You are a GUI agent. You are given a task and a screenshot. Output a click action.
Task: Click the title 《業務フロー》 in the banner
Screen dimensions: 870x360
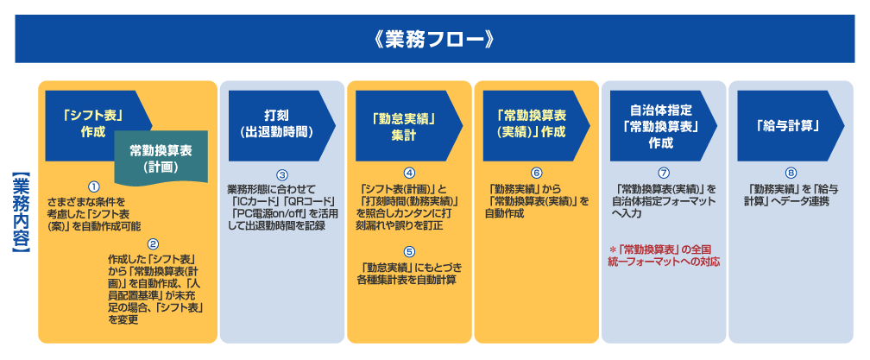[x=434, y=40]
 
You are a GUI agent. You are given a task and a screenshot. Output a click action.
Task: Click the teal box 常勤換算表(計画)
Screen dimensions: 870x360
[x=161, y=157]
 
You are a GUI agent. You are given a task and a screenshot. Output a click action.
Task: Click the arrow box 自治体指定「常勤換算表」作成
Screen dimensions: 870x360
[x=664, y=126]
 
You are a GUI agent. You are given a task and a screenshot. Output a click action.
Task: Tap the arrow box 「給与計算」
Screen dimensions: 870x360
[x=791, y=126]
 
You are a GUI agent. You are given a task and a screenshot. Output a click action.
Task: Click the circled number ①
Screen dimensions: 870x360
[x=94, y=186]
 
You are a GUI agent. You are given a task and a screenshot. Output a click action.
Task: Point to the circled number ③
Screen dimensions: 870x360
[x=282, y=175]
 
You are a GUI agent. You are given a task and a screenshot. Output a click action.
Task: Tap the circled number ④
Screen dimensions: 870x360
[x=409, y=173]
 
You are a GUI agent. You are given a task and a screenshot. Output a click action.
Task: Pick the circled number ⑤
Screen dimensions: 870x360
[x=409, y=250]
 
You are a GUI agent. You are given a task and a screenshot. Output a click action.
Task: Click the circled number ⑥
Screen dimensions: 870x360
[x=537, y=173]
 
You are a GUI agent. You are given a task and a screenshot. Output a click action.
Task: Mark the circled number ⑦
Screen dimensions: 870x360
[x=664, y=173]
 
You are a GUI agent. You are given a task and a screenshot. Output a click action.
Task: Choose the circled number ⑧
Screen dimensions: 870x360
[x=791, y=173]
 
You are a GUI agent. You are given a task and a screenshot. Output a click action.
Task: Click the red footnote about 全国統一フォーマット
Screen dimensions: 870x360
[x=665, y=255]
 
